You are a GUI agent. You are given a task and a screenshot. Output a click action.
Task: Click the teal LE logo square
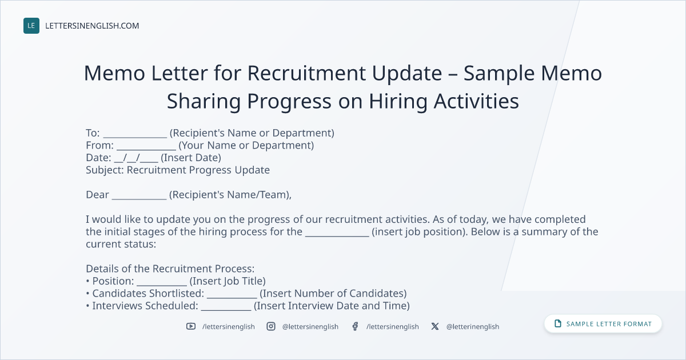(31, 26)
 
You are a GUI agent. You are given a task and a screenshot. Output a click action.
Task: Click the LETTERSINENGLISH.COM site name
(92, 26)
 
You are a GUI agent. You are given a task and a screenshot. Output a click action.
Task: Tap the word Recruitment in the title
(306, 73)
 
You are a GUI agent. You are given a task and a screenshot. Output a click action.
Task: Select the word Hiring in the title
(398, 101)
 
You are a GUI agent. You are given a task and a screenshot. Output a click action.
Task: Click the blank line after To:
(135, 137)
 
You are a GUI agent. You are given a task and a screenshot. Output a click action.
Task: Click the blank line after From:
(146, 149)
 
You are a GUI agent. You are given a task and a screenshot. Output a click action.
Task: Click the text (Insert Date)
(191, 158)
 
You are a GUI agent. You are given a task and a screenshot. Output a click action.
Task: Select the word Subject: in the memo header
(105, 170)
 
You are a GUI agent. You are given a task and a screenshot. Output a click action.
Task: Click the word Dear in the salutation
(97, 195)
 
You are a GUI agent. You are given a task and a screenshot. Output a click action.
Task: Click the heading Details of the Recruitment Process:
(170, 269)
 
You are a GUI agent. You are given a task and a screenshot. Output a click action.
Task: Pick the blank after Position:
(162, 285)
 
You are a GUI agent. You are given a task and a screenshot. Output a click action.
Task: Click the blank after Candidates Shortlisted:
(232, 298)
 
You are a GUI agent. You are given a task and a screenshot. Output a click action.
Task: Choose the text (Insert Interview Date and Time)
(332, 306)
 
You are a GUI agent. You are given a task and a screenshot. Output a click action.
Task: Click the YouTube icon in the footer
(191, 326)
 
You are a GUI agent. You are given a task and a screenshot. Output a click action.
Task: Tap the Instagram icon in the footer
(271, 326)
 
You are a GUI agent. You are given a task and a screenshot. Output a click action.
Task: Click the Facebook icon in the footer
(355, 326)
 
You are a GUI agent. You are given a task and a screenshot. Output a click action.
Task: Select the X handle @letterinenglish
(473, 327)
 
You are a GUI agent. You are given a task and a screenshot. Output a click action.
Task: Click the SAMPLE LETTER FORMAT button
(603, 324)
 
